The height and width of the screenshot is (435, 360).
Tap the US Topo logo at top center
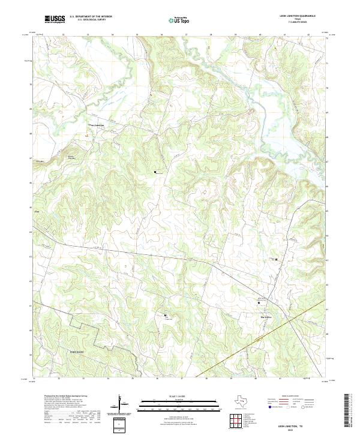[x=179, y=20]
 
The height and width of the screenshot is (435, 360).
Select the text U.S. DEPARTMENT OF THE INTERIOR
[x=91, y=17]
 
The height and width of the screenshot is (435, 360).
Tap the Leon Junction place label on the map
[x=97, y=125]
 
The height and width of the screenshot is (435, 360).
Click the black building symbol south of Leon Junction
[x=155, y=172]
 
